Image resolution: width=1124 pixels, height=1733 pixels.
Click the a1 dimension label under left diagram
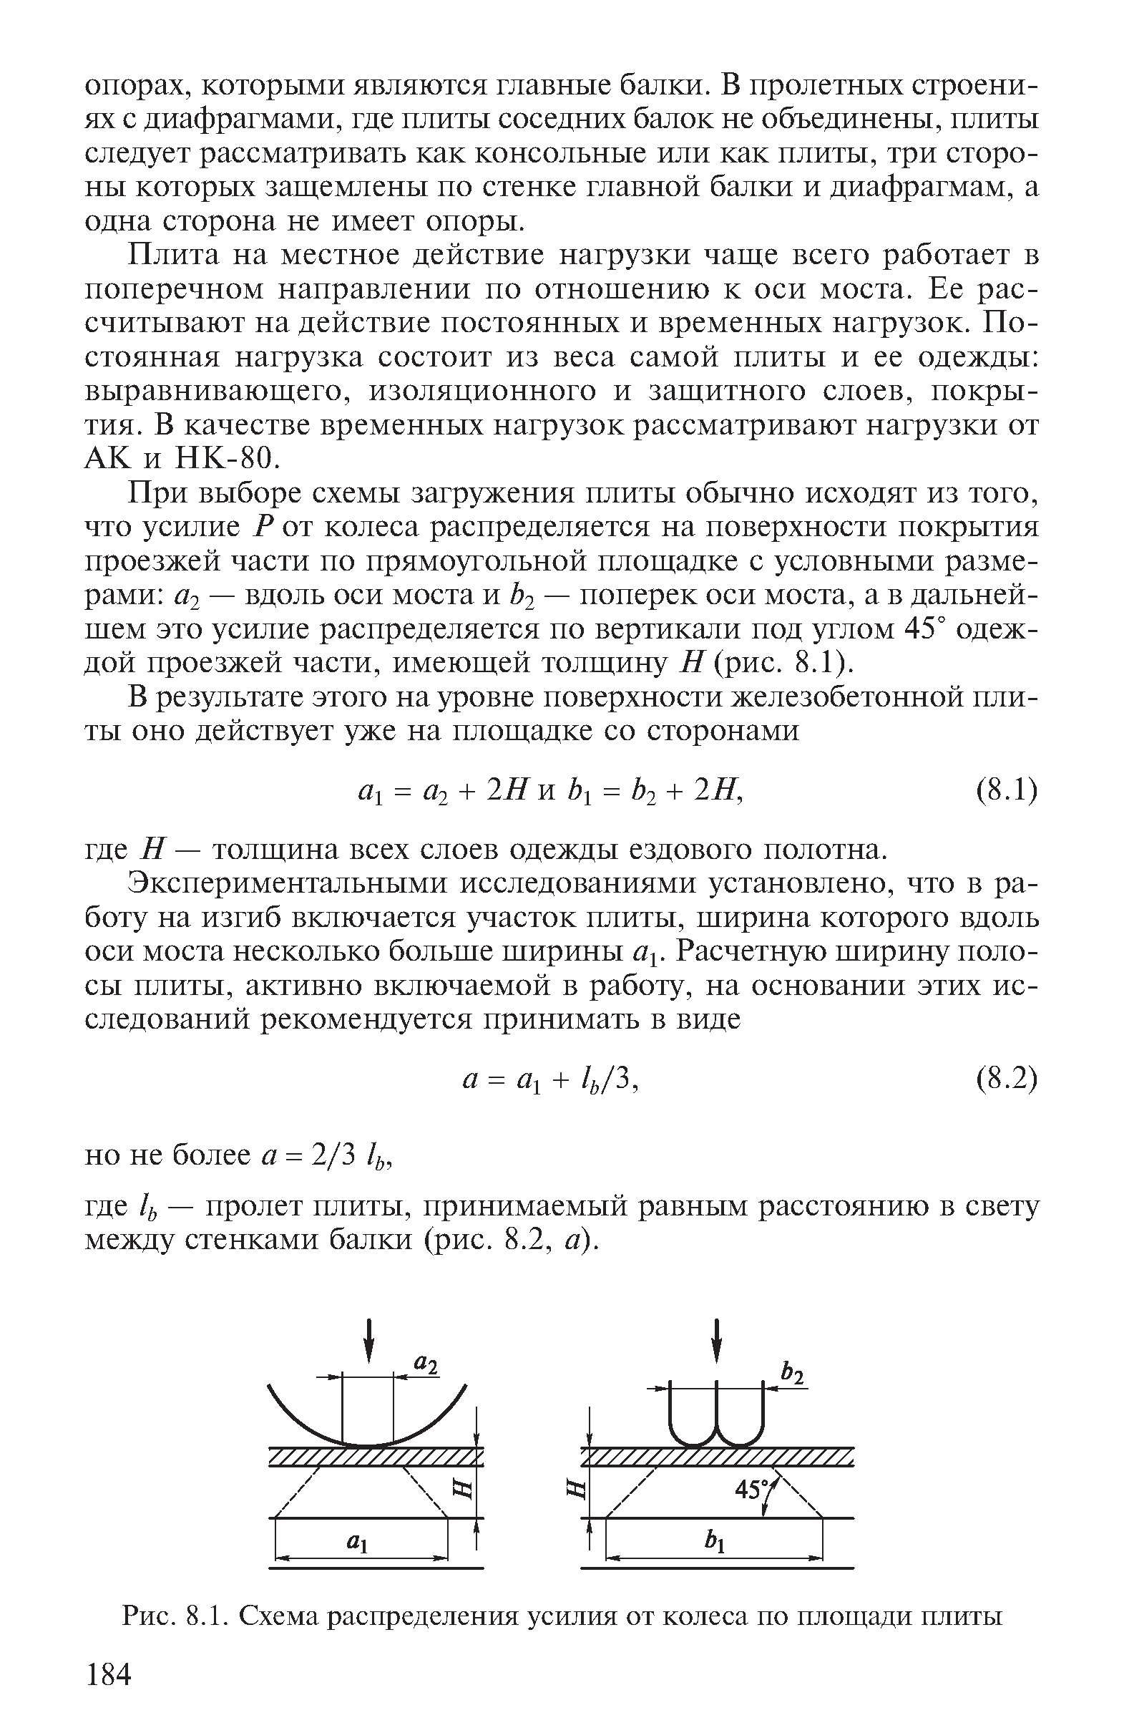356,1540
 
